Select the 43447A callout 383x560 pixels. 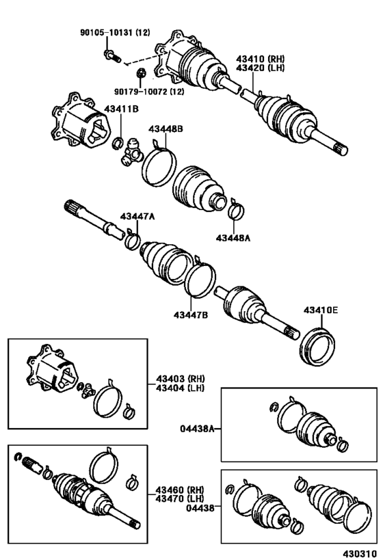(x=137, y=217)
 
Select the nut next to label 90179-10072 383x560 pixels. (x=141, y=73)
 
